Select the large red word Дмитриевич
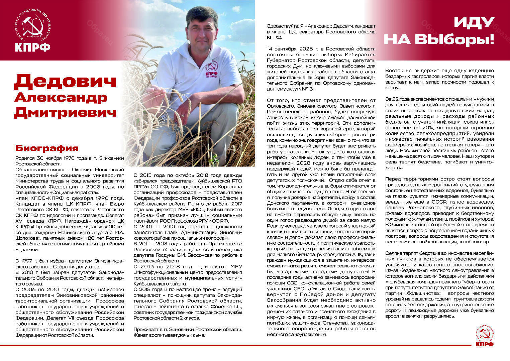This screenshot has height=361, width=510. tap(65, 112)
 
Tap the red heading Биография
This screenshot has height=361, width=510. tap(47, 148)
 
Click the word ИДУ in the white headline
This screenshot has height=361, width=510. tap(474, 23)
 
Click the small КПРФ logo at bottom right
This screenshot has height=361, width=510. tap(485, 336)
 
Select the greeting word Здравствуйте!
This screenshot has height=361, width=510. tap(283, 26)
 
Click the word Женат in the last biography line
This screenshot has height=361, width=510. tap(140, 335)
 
